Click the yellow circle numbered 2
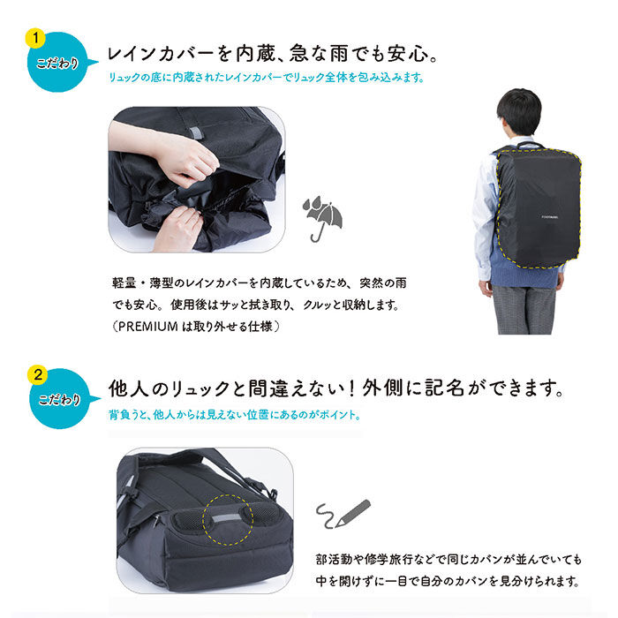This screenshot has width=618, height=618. (36, 375)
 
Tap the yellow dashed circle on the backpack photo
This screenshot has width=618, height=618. (228, 520)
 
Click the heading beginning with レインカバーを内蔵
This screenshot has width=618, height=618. (273, 55)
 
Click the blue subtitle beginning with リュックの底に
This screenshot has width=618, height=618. (266, 78)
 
